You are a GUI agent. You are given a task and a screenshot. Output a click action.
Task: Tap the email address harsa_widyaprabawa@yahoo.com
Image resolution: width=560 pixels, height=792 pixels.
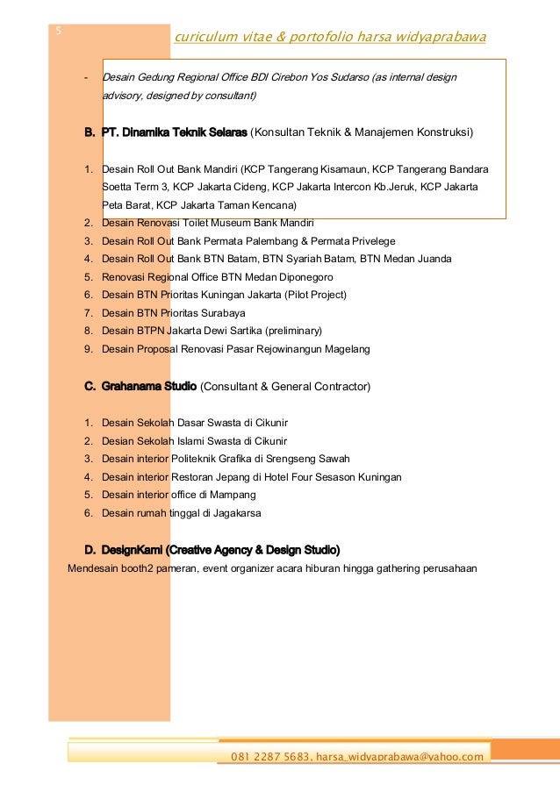pyautogui.click(x=399, y=757)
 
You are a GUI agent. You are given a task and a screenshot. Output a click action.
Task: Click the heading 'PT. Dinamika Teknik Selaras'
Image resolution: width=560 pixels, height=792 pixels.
pyautogui.click(x=175, y=132)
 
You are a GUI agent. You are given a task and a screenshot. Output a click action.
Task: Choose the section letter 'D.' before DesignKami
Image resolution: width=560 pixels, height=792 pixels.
pyautogui.click(x=90, y=550)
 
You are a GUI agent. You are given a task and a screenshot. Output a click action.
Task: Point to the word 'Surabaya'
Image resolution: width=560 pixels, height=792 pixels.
pyautogui.click(x=221, y=312)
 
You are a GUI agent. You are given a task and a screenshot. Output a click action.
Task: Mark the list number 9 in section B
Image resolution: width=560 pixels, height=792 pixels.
pyautogui.click(x=88, y=349)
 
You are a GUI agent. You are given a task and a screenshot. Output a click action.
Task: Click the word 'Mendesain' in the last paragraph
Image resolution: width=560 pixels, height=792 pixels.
pyautogui.click(x=93, y=567)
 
